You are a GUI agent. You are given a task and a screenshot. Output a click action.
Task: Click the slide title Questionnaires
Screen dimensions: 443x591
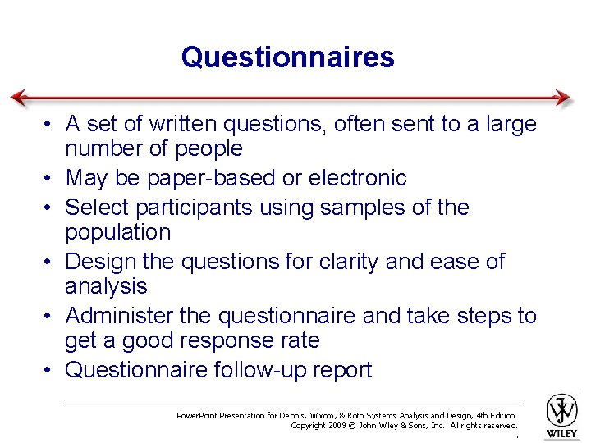pyautogui.click(x=288, y=57)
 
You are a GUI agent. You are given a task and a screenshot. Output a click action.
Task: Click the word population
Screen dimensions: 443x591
pyautogui.click(x=117, y=232)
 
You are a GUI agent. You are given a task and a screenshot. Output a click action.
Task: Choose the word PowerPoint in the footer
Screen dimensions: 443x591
pyautogui.click(x=200, y=415)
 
